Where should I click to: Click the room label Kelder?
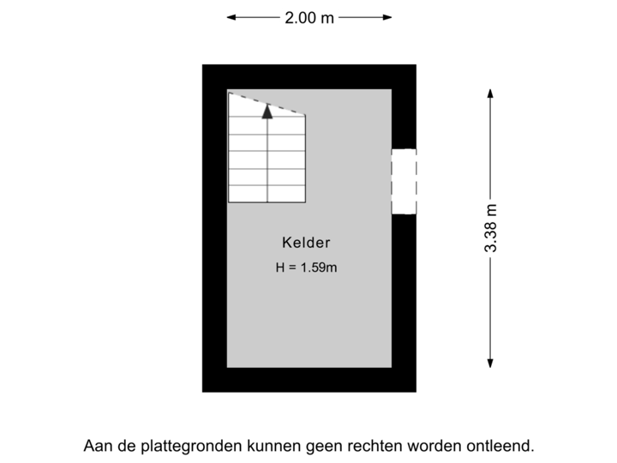(306, 243)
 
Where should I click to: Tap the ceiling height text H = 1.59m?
(306, 268)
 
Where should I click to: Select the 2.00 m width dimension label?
(309, 17)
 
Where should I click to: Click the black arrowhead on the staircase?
(267, 111)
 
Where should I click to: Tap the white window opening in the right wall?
(404, 182)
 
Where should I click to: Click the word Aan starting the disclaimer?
(95, 446)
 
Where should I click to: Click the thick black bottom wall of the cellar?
(308, 380)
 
